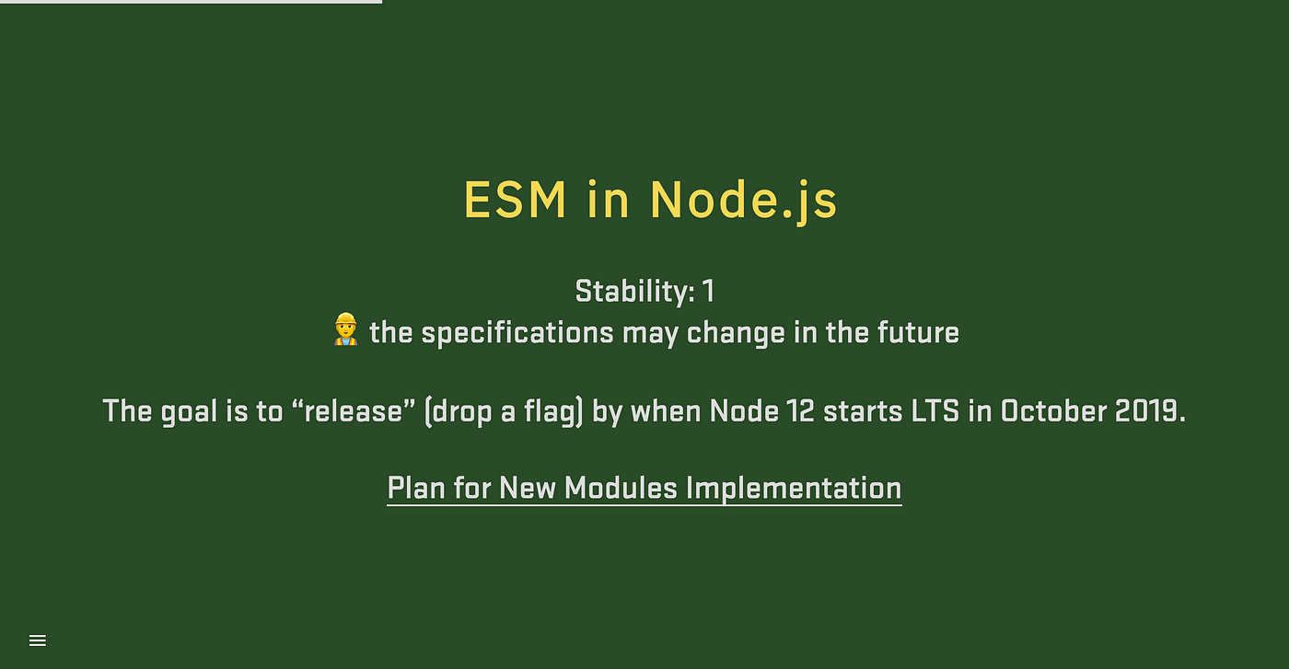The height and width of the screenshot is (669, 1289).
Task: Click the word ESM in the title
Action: [515, 200]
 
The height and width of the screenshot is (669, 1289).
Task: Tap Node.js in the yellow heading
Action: [744, 202]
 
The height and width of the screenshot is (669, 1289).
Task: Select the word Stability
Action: [635, 291]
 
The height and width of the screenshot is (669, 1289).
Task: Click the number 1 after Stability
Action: [709, 291]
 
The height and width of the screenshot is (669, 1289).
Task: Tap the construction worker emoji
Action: [345, 329]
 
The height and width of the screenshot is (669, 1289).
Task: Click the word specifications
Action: [517, 333]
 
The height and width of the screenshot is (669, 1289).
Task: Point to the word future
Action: [919, 332]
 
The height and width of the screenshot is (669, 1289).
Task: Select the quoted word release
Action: [354, 411]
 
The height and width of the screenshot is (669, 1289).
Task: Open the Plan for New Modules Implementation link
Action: [644, 489]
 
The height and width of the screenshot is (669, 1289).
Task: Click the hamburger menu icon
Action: [38, 640]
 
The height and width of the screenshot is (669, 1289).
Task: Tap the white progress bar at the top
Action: [192, 2]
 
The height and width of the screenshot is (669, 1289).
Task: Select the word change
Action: [736, 334]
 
